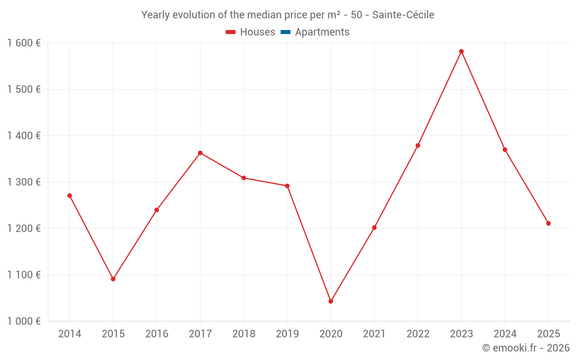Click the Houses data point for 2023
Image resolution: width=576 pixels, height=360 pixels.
tap(461, 51)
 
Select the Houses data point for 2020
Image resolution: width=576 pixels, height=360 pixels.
tap(331, 301)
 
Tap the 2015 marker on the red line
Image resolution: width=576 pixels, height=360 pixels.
tap(113, 279)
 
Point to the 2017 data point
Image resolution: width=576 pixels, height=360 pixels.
tap(200, 153)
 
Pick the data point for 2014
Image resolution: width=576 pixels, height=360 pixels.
tap(70, 195)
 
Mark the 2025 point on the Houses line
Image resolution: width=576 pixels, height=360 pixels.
tap(548, 223)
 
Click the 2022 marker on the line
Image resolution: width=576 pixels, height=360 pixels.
tap(418, 145)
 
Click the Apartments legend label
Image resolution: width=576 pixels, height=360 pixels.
tap(322, 32)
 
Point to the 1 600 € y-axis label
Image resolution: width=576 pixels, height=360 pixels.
tap(24, 43)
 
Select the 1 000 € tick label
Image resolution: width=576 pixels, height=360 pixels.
tap(24, 321)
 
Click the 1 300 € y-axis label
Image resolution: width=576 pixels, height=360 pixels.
tap(24, 182)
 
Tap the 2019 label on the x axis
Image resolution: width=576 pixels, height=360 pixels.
tap(287, 334)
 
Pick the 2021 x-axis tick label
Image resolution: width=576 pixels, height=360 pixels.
tap(374, 334)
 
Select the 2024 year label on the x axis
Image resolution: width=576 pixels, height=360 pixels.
tap(505, 334)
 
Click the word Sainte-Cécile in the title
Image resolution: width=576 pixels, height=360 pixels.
tap(403, 15)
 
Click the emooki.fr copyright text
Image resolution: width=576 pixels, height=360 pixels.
tap(526, 348)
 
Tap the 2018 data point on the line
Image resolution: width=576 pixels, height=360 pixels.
tap(244, 178)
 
